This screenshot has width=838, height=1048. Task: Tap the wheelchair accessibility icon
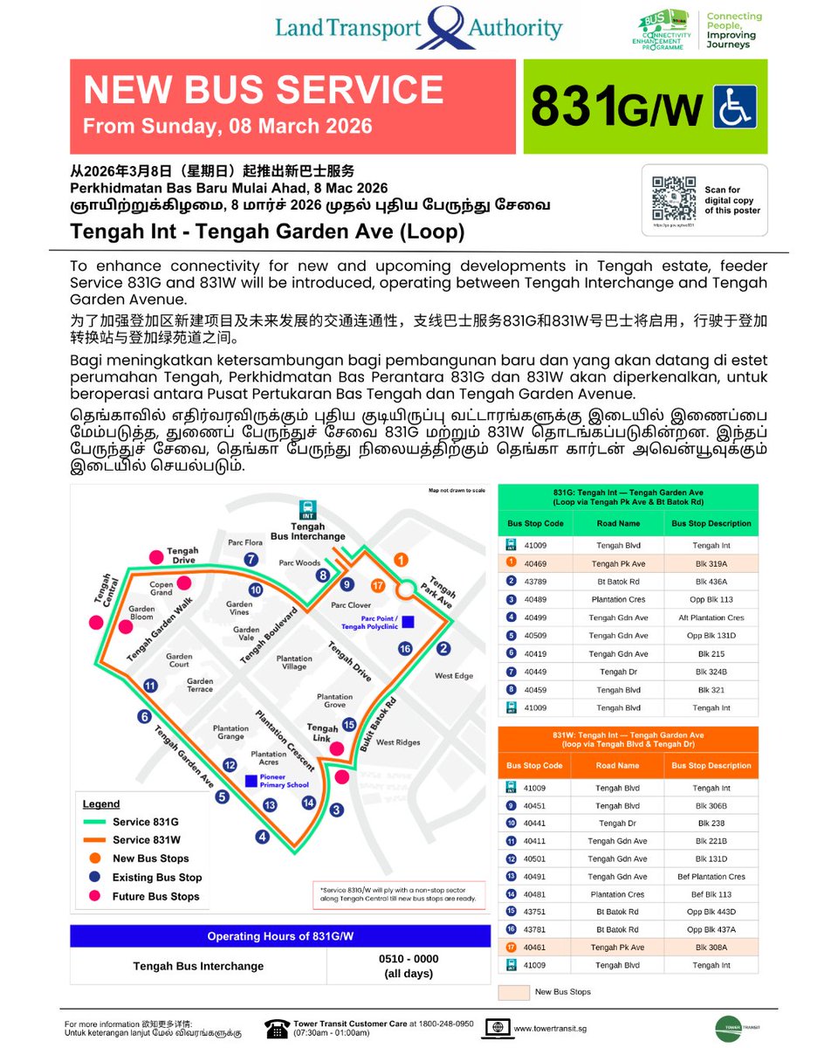pos(735,107)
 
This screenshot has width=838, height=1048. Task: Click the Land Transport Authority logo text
pos(419,27)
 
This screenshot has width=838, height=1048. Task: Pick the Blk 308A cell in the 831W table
pos(711,947)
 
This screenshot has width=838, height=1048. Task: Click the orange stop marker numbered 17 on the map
pos(378,585)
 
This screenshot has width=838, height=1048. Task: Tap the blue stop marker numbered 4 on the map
pos(262,837)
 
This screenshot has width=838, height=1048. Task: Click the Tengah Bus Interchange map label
pos(307,531)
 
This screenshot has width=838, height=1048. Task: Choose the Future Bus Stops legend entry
pos(155,896)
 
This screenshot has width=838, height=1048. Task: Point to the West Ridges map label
pos(398,742)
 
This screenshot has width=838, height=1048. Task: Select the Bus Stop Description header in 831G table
pos(711,523)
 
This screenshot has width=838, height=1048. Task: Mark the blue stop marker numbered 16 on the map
pos(404,648)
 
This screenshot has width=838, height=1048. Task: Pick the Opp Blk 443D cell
pos(711,912)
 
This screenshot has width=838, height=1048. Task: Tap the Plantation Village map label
pos(294,662)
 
